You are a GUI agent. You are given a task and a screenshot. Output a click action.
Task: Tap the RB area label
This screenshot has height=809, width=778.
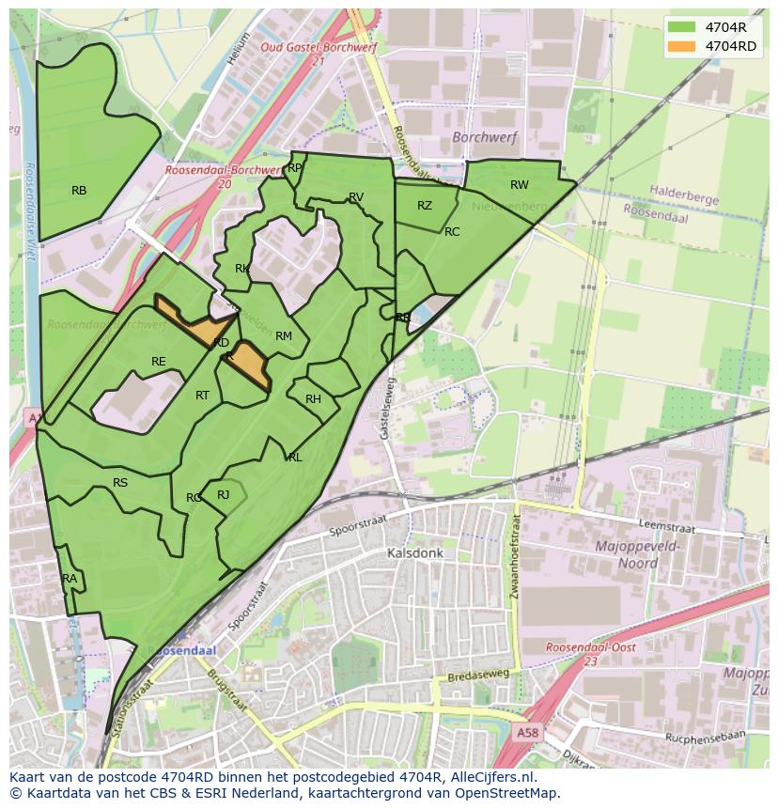tap(79, 191)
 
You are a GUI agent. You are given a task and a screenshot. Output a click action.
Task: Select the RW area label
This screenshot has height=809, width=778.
tap(519, 185)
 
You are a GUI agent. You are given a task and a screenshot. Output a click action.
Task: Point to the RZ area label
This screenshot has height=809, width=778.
tap(425, 206)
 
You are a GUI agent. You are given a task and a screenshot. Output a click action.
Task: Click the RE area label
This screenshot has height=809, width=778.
tap(159, 362)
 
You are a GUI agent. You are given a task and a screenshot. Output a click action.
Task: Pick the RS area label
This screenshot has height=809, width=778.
tap(120, 483)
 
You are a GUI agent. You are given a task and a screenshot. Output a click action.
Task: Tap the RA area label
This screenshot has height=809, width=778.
tap(70, 579)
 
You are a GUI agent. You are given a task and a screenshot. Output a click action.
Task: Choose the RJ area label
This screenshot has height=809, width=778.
tap(224, 495)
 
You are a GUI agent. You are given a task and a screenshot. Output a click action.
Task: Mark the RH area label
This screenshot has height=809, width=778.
tap(313, 399)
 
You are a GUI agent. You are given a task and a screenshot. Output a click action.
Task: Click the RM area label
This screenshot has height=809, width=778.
tap(284, 336)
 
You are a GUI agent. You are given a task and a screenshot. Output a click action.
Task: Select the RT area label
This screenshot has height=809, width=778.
tap(202, 396)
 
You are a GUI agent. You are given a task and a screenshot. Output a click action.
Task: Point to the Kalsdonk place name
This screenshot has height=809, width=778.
tap(414, 554)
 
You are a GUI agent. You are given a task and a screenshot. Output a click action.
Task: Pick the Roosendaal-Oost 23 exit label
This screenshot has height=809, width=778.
tap(591, 654)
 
